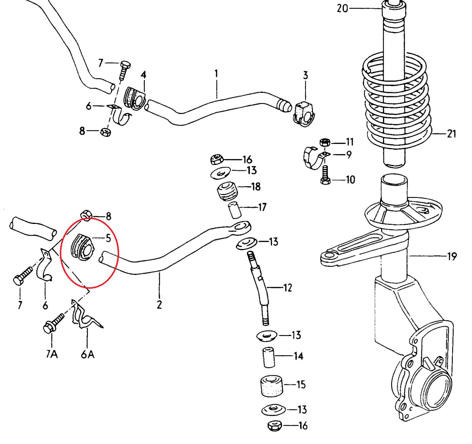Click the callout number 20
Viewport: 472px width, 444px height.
pos(342,8)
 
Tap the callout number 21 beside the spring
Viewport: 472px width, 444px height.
pos(451,134)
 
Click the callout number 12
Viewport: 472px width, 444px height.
pos(287,287)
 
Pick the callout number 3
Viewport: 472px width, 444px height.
pos(305,75)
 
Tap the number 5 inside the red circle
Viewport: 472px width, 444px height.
pos(108,238)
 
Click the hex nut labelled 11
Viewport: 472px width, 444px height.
pos(325,142)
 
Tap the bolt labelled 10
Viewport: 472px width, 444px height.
pos(325,175)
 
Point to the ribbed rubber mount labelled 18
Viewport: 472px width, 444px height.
pos(227,191)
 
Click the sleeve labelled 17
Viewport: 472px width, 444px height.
pos(235,210)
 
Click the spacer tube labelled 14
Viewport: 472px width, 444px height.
pos(268,357)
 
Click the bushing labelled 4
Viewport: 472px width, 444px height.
pos(135,99)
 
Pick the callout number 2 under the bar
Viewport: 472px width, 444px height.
pos(159,305)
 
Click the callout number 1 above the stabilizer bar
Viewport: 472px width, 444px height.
pos(216,73)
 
